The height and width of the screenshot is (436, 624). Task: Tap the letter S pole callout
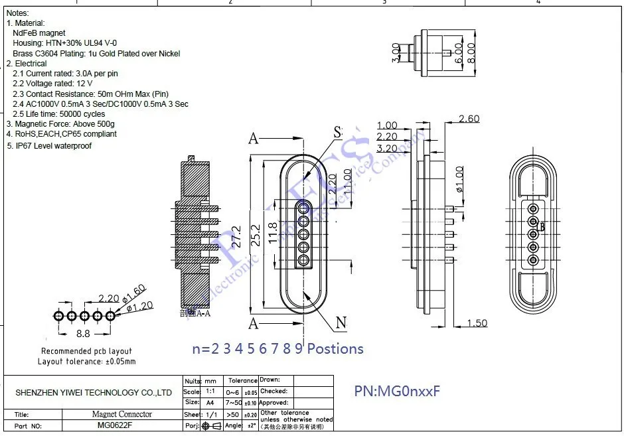click(x=337, y=132)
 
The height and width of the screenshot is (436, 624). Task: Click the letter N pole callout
click(x=341, y=323)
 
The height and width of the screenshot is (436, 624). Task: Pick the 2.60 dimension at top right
click(x=469, y=119)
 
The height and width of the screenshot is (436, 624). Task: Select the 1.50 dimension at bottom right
click(x=476, y=323)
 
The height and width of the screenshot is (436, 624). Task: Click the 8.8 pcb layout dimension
click(x=82, y=334)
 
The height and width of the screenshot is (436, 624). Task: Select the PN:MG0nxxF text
click(x=397, y=392)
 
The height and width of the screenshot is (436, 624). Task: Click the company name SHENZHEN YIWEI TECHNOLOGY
click(x=94, y=393)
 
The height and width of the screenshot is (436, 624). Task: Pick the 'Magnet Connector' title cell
click(x=121, y=414)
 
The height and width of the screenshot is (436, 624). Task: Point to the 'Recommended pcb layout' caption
click(x=86, y=351)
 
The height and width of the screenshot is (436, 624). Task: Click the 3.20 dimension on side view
click(x=387, y=148)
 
